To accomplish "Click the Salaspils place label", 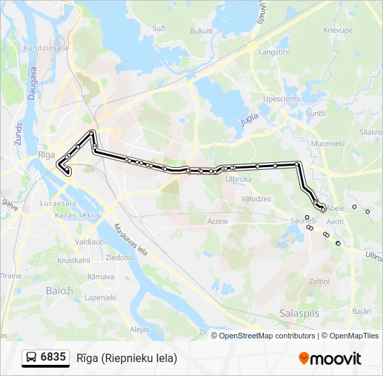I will pos(299,313).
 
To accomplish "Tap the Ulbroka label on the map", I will pos(238,178).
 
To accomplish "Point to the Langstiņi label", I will pos(274,52).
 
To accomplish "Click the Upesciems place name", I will pos(282,99).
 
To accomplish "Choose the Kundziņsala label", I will pos(46,48).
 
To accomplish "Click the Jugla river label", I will pos(249,119).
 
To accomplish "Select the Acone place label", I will pos(217,221).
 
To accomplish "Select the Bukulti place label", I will pos(201,31).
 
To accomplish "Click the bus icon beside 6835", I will pos(31,358).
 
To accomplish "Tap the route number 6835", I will pos(54,358).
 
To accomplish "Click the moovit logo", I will pos(330,359).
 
